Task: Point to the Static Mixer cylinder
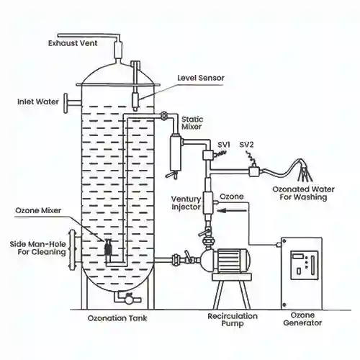(175, 149)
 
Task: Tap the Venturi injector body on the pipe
(209, 204)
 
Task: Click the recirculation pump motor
(235, 260)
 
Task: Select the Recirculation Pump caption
(229, 320)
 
